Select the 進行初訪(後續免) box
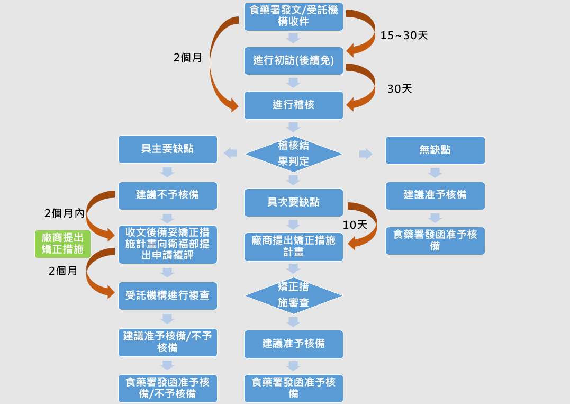(293, 60)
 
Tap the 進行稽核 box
(293, 105)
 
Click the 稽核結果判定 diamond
(293, 154)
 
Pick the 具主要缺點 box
(167, 149)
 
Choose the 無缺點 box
(435, 150)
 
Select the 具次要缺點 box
(293, 202)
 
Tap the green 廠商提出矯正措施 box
(62, 244)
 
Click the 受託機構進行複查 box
(167, 295)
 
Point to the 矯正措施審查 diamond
(293, 295)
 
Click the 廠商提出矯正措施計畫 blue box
(293, 247)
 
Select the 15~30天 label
(404, 35)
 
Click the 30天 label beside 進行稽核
(400, 89)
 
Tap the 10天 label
(355, 225)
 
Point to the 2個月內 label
(64, 213)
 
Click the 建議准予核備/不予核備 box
(167, 342)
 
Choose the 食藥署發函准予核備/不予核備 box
(167, 388)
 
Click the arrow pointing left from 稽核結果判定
(230, 153)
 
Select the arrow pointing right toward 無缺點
(366, 154)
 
